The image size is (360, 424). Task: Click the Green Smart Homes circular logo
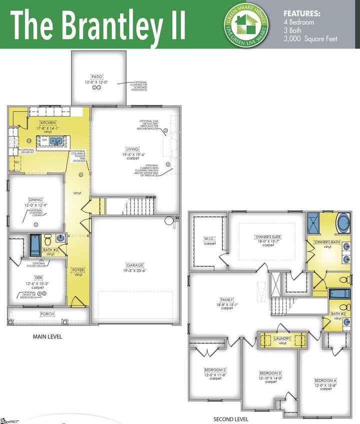coord(245,24)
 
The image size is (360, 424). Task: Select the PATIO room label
coord(97,77)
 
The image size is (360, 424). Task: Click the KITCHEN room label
coord(49,123)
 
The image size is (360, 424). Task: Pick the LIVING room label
coord(132,148)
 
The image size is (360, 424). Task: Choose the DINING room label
coord(35,200)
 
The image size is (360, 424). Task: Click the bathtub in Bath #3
coord(35,244)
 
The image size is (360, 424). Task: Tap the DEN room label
coord(38,277)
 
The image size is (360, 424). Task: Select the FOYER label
coord(78,270)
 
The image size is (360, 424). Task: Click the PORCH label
coord(47,314)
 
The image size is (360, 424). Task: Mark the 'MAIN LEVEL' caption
coord(47,337)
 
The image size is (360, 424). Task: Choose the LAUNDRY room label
coord(282,338)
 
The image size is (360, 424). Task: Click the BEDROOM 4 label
coord(325,380)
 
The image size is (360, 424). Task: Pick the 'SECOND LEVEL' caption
coord(231,419)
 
